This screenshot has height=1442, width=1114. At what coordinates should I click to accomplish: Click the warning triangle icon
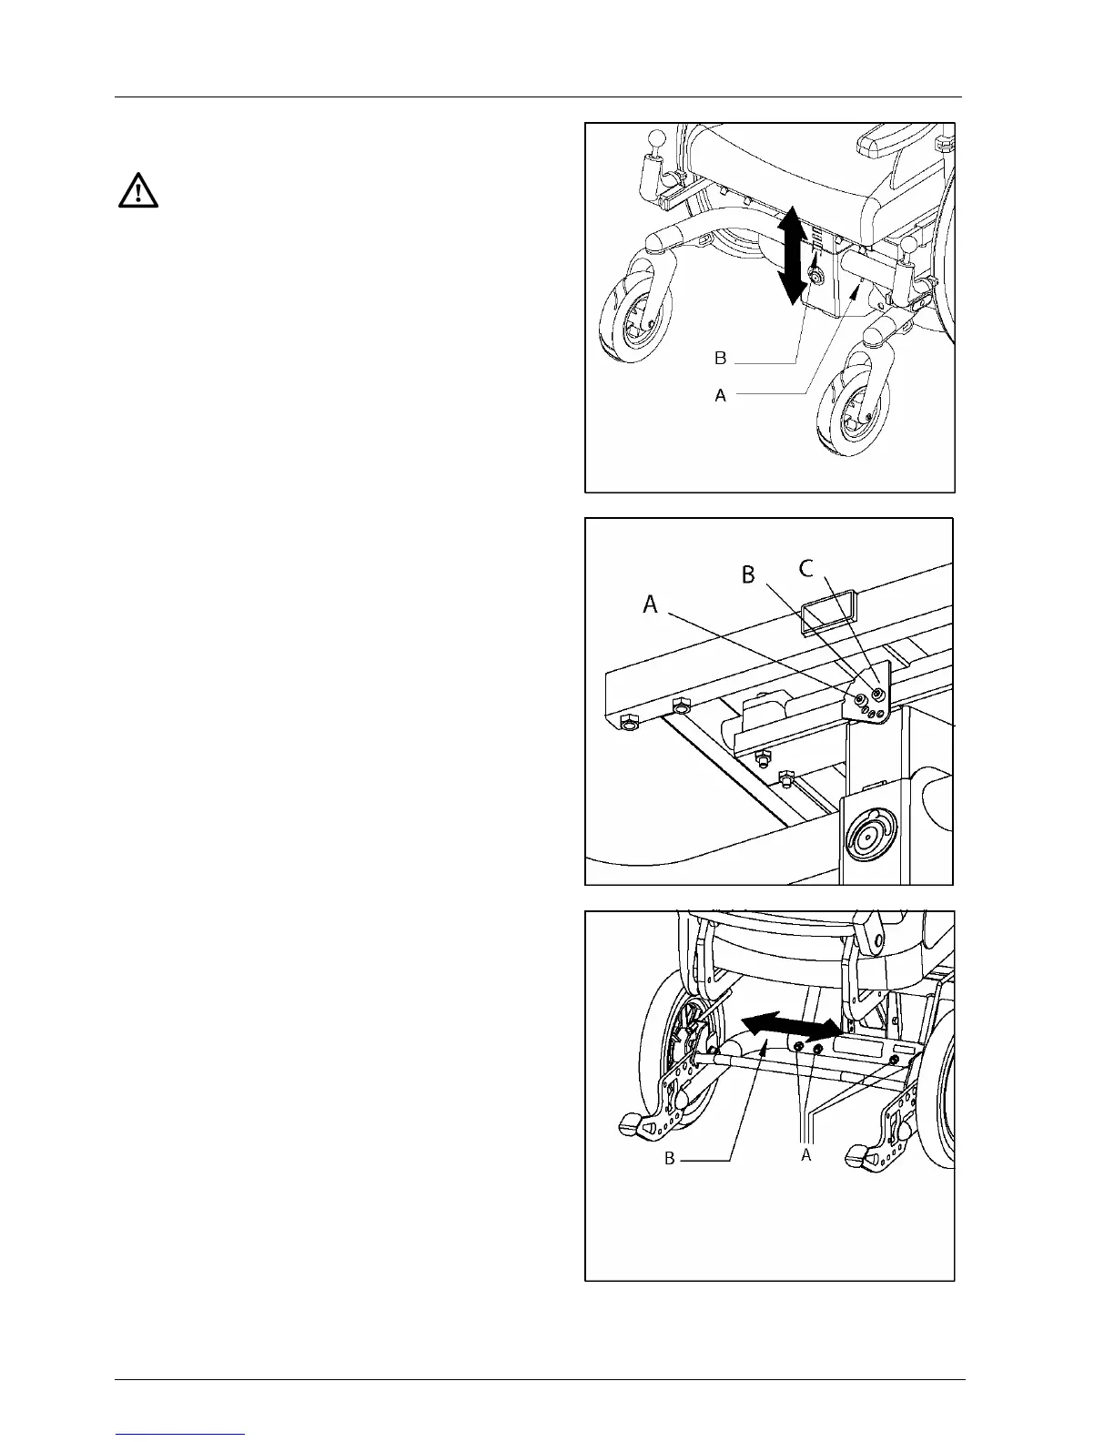pos(138,191)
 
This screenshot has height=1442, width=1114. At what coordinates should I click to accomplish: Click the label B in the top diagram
pos(721,359)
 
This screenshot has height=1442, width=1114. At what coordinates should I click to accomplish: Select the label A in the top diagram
pos(721,396)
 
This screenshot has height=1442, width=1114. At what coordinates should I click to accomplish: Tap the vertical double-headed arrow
pos(793,255)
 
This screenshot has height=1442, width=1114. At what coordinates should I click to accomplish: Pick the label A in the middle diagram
pos(651,604)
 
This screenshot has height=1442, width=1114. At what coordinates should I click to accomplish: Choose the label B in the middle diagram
pos(748,576)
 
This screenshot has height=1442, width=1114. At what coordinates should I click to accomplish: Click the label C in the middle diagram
pos(806,569)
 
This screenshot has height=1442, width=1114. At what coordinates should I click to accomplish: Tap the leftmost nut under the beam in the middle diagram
pos(627,722)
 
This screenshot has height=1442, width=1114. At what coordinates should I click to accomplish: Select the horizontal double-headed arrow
pos(790,1026)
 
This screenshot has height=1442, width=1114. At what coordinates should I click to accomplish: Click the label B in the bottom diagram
pos(669,1160)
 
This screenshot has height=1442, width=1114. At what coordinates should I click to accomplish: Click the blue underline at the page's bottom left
pos(181,1434)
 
